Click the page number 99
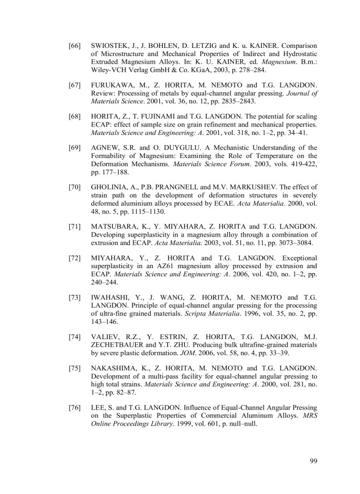(313, 460)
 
